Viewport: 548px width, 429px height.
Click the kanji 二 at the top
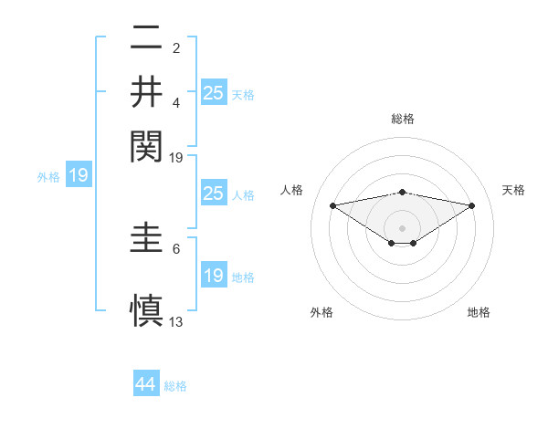click(x=146, y=40)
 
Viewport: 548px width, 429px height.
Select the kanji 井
click(x=146, y=92)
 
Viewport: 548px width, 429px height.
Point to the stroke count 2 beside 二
click(x=176, y=48)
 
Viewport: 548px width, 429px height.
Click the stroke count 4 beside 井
click(x=176, y=102)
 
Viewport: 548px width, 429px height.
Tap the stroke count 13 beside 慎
click(x=176, y=322)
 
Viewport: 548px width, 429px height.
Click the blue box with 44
click(x=146, y=385)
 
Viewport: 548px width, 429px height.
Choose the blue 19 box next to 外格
click(x=79, y=176)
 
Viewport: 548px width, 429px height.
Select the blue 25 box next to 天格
click(x=214, y=92)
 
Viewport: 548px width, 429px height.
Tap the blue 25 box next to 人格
click(x=214, y=194)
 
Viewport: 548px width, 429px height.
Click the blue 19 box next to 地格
click(x=214, y=276)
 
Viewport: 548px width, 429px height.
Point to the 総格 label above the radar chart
click(x=403, y=119)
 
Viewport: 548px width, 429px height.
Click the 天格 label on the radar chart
click(x=514, y=190)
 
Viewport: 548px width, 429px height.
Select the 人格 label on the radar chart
click(x=293, y=190)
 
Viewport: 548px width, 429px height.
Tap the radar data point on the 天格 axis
click(x=472, y=205)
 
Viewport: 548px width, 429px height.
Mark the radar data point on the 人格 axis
click(x=332, y=205)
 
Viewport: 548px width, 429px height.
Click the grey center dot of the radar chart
click(x=403, y=227)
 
